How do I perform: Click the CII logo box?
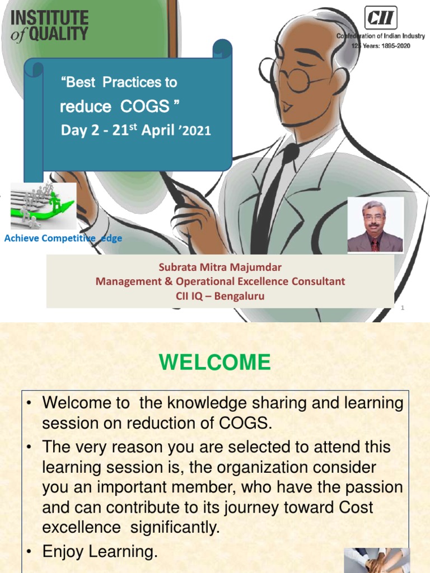click(381, 17)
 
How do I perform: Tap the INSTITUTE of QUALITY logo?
click(49, 26)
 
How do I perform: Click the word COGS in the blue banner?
click(145, 106)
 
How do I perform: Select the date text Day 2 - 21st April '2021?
click(135, 130)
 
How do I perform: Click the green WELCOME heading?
click(214, 362)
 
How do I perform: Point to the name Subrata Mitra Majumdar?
click(220, 267)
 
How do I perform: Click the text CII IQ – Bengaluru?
click(220, 295)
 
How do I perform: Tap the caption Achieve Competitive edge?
click(63, 238)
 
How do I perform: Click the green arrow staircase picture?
click(43, 206)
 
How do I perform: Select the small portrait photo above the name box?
click(376, 225)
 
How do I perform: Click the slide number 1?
click(403, 308)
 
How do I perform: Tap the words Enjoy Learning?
click(100, 551)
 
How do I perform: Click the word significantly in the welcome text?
click(175, 528)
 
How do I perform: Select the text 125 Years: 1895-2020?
click(381, 46)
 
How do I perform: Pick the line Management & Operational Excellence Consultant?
click(220, 281)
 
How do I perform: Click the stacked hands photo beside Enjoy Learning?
click(377, 560)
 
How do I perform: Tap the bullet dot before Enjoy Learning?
click(29, 552)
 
